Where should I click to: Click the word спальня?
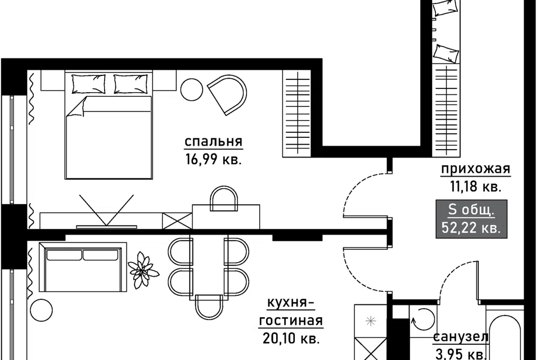[x=214, y=142]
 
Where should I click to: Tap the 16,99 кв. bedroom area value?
[x=214, y=160]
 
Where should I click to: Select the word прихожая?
[x=476, y=169]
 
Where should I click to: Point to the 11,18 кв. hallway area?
[x=476, y=187]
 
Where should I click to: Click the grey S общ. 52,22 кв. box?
[x=471, y=219]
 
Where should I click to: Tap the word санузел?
[x=461, y=337]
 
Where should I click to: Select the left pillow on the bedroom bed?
[x=88, y=84]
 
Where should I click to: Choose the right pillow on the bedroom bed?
[x=130, y=84]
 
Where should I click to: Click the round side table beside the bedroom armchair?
[x=191, y=89]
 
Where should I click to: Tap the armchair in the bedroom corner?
[x=227, y=95]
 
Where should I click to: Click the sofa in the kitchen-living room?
[x=83, y=267]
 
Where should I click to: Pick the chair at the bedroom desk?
[x=224, y=199]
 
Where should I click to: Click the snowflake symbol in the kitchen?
[x=371, y=321]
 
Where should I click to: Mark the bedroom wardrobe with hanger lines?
[x=296, y=113]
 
